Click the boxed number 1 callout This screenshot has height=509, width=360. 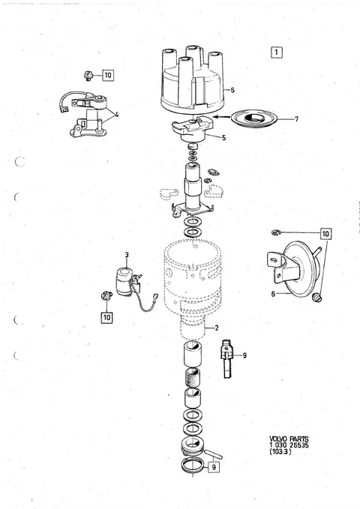pyautogui.click(x=277, y=52)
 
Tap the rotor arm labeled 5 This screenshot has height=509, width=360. pyautogui.click(x=193, y=129)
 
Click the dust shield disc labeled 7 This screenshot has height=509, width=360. pyautogui.click(x=253, y=118)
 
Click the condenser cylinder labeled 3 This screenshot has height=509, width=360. pyautogui.click(x=124, y=281)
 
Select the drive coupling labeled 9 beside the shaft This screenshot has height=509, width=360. pyautogui.click(x=227, y=359)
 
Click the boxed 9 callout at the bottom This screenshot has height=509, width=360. pyautogui.click(x=214, y=467)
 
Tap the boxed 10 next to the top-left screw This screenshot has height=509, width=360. pyautogui.click(x=108, y=75)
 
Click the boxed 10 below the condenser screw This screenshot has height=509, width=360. pyautogui.click(x=107, y=317)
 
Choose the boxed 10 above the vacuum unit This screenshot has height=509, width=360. pyautogui.click(x=325, y=233)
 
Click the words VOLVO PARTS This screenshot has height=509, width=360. pyautogui.click(x=289, y=439)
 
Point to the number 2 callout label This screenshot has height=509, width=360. pyautogui.click(x=217, y=328)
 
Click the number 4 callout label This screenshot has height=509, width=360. pyautogui.click(x=116, y=114)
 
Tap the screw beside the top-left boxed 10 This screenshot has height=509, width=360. pyautogui.click(x=88, y=76)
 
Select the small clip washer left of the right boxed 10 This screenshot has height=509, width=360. pyautogui.click(x=276, y=232)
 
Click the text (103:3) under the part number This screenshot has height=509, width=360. pyautogui.click(x=280, y=451)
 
